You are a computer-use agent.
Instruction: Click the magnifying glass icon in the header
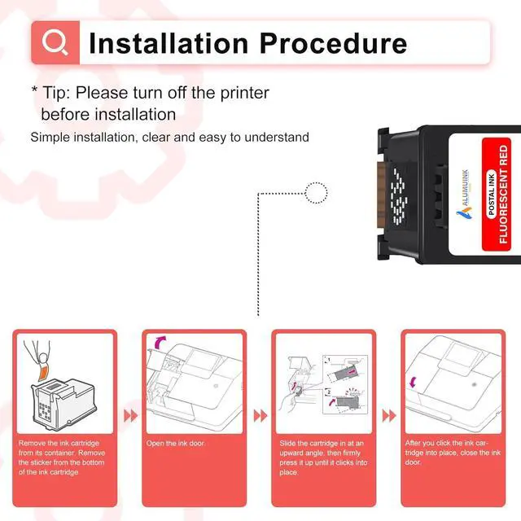pyautogui.click(x=55, y=42)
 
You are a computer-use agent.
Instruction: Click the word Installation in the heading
pyautogui.click(x=169, y=43)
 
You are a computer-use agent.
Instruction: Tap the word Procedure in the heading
pyautogui.click(x=333, y=43)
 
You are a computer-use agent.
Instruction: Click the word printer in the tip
pyautogui.click(x=244, y=94)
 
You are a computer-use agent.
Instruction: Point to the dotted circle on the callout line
pyautogui.click(x=316, y=193)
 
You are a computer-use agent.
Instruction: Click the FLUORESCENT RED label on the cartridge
pyautogui.click(x=503, y=195)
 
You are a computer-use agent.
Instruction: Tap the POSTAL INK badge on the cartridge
pyautogui.click(x=492, y=195)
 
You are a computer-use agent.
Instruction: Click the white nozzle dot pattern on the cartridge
pyautogui.click(x=399, y=195)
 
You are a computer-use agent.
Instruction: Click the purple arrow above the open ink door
pyautogui.click(x=160, y=342)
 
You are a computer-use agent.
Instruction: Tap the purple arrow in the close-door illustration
pyautogui.click(x=413, y=382)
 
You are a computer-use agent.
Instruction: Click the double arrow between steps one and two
pyautogui.click(x=130, y=416)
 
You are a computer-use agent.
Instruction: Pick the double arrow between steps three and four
pyautogui.click(x=389, y=416)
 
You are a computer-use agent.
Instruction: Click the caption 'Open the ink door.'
pyautogui.click(x=176, y=443)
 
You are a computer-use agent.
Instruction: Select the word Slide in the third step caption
pyautogui.click(x=287, y=443)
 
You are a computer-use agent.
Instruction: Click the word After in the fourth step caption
pyautogui.click(x=414, y=443)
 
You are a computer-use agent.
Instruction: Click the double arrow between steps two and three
pyautogui.click(x=260, y=416)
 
